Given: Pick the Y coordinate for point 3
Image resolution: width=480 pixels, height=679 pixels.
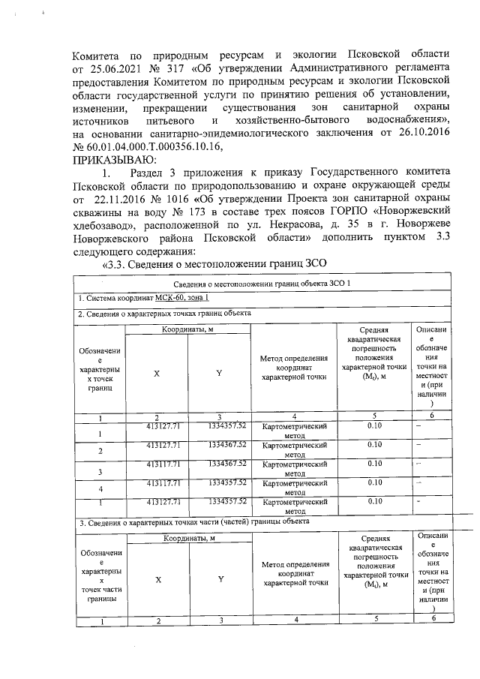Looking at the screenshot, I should (228, 464).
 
